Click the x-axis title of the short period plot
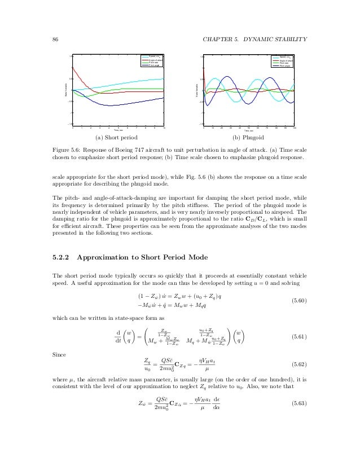coord(118,131)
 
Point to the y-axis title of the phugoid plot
coord(195,89)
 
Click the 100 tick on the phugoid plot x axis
coord(295,128)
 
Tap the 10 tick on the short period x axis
coord(164,128)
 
